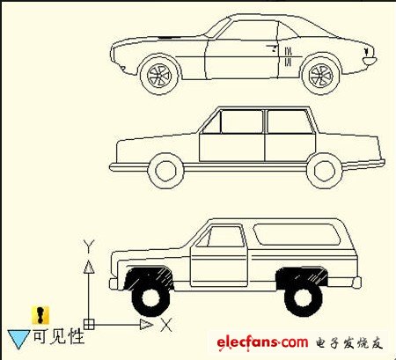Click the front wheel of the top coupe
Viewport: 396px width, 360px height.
(159, 75)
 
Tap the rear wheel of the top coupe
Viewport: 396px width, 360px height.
(321, 75)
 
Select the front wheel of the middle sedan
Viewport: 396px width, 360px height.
(165, 171)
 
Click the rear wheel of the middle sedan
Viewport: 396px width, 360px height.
(324, 171)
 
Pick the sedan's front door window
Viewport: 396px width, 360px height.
(240, 121)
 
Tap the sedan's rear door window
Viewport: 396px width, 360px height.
(290, 121)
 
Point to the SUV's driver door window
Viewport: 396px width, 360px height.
(226, 237)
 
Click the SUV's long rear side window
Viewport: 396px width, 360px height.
(297, 234)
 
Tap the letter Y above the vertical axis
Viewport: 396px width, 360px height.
(89, 246)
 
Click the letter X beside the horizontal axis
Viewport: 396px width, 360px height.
(166, 325)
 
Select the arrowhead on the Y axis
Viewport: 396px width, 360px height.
(89, 267)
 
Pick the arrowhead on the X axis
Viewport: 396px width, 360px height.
(146, 325)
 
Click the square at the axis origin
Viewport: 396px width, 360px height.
(89, 325)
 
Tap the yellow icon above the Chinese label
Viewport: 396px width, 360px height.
(40, 315)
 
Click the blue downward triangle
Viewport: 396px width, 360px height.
(18, 338)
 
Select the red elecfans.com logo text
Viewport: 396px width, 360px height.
(262, 342)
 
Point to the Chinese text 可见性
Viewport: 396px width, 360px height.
(59, 336)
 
